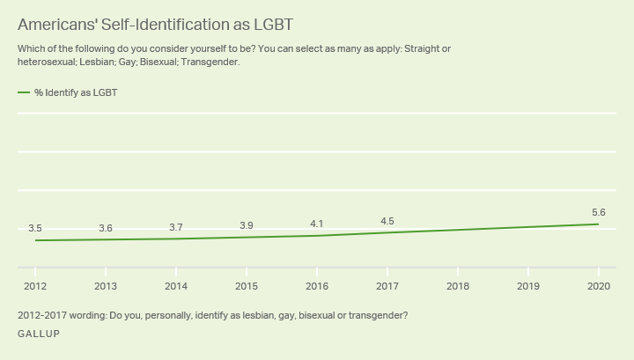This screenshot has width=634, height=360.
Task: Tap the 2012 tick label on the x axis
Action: tap(35, 286)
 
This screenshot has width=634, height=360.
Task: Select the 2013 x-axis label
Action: tap(106, 286)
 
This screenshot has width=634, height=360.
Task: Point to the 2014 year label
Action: tap(176, 286)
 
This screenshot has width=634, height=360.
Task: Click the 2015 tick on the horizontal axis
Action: tap(247, 286)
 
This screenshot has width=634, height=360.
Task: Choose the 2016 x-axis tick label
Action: tap(317, 286)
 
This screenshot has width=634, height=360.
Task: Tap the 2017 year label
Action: tap(387, 286)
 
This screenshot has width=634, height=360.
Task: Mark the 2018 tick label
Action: tap(458, 286)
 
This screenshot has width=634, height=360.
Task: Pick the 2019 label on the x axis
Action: tap(528, 286)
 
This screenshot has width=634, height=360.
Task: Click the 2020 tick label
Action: tap(599, 286)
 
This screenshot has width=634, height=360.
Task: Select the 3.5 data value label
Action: tap(35, 229)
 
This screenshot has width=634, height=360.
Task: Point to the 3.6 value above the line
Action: tap(106, 229)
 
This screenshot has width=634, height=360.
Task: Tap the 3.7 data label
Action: tap(176, 228)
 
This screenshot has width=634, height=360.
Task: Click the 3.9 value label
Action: tap(247, 226)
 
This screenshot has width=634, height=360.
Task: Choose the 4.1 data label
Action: tap(317, 224)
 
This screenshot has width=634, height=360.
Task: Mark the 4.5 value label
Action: tap(387, 221)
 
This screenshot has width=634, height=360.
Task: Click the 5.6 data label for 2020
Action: tap(599, 212)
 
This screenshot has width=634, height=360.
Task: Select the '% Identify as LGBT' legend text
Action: tap(76, 92)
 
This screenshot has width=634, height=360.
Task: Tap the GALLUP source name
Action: tap(39, 334)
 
